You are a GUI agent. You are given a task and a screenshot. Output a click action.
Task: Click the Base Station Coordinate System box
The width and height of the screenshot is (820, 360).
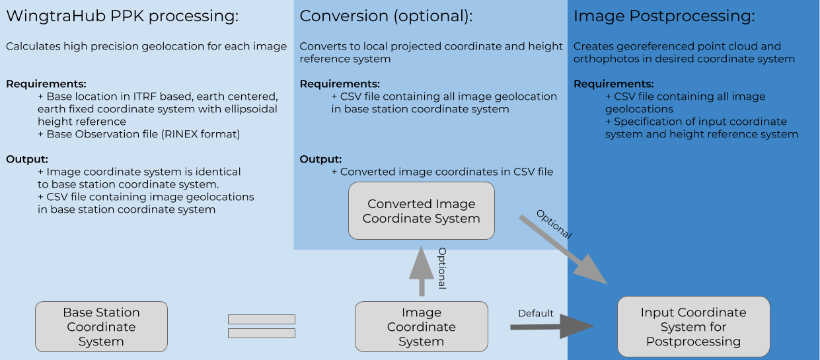tap(101, 327)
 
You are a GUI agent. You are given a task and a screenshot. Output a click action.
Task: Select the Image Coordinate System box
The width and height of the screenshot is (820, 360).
tap(421, 327)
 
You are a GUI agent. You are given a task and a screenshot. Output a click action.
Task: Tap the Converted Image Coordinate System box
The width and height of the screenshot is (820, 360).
tap(421, 211)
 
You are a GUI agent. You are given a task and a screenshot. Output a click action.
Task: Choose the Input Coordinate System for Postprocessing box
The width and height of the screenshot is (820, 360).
tap(693, 327)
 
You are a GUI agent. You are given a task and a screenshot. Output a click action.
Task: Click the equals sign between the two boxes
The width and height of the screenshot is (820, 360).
tap(261, 326)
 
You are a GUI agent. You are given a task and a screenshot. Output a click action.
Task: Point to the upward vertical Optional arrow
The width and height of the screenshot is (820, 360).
tap(421, 271)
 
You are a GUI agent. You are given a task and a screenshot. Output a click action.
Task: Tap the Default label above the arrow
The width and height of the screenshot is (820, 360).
tap(535, 313)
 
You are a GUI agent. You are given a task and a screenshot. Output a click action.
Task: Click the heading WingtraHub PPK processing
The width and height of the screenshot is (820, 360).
tap(122, 17)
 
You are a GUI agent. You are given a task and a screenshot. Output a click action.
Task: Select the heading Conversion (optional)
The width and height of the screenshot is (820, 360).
tap(386, 17)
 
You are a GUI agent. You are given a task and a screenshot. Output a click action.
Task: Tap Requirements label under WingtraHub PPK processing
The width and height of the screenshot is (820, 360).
tap(46, 84)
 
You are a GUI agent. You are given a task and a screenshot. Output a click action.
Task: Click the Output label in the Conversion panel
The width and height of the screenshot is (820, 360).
tap(320, 159)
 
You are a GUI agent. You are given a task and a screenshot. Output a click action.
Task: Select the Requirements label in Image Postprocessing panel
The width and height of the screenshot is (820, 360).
tap(613, 84)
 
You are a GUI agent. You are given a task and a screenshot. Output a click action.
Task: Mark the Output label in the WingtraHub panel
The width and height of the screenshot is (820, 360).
tap(27, 159)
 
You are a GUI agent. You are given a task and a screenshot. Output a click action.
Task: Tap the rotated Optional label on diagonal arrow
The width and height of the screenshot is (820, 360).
tap(554, 225)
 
